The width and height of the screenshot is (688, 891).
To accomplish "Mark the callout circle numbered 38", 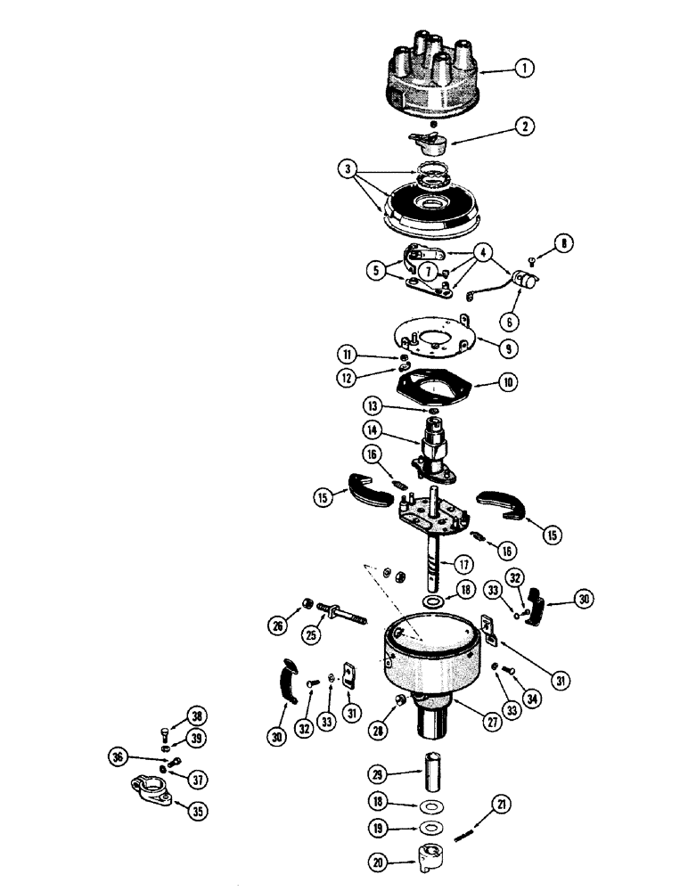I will point(194,714).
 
